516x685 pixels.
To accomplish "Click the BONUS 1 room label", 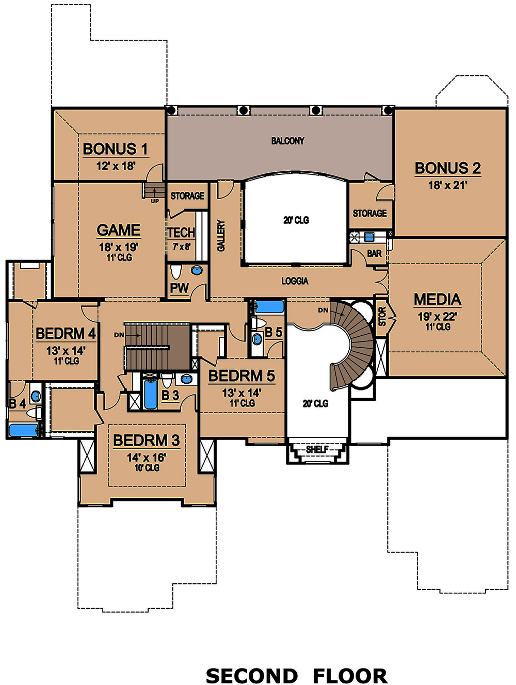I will click(x=115, y=149).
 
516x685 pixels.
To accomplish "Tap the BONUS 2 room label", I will click(x=447, y=168).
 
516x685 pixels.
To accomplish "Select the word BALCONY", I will click(x=287, y=141).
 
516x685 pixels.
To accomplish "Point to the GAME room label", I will click(x=119, y=230).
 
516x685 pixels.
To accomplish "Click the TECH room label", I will click(x=181, y=233).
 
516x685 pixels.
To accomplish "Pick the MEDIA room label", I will click(x=437, y=300).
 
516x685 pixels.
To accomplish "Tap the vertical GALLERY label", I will click(x=221, y=235).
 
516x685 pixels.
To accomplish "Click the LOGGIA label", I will click(x=295, y=281).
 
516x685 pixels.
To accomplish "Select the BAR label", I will click(x=374, y=254).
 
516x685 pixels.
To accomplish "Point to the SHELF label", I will click(x=317, y=449).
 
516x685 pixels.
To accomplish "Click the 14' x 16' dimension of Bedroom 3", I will click(x=147, y=458).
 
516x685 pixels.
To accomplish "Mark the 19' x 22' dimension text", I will click(x=437, y=316).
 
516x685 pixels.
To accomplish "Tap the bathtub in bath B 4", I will click(x=23, y=430).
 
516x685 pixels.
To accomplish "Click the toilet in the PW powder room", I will click(x=176, y=271).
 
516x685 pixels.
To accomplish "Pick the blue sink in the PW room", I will click(x=197, y=270).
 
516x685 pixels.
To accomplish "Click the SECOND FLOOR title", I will click(x=296, y=675).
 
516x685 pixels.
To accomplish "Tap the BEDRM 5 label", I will click(x=241, y=376).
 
